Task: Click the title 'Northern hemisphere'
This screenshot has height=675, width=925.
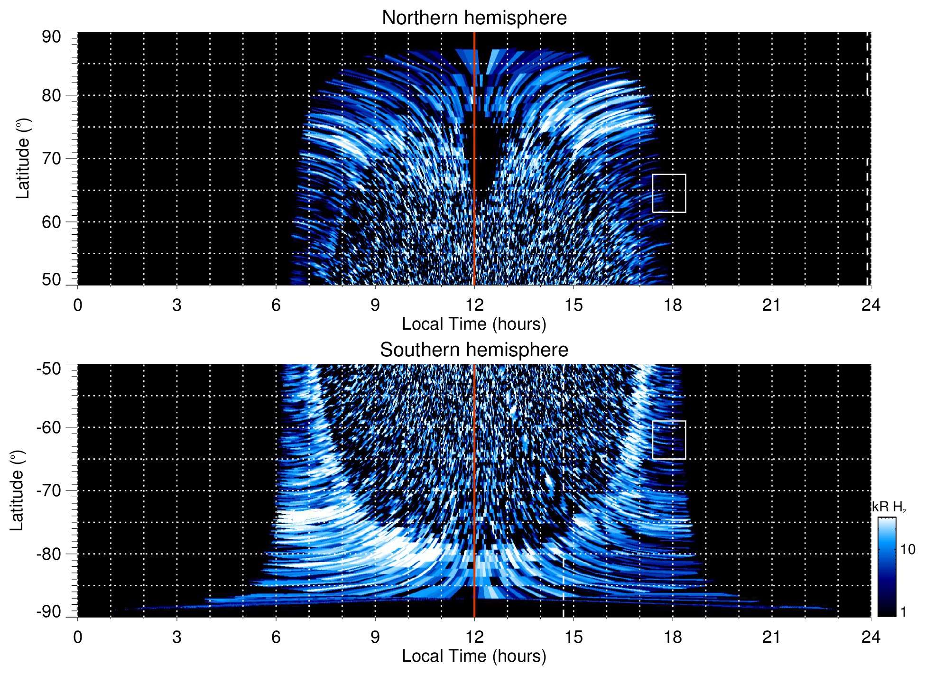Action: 474,18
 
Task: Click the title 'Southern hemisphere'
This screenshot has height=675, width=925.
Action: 474,350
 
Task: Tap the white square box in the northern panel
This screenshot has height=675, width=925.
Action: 669,193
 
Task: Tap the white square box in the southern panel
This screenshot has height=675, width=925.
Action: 669,440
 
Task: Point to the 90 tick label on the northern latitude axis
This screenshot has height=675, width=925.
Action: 51,37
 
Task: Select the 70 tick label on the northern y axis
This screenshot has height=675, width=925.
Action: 51,158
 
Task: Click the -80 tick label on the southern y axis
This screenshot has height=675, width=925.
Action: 49,554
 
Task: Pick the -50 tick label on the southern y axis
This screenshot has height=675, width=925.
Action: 49,369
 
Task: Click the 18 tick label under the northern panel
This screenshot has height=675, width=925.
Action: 673,305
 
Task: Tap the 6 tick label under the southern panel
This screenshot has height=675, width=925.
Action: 276,637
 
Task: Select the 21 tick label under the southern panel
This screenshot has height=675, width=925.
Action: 772,637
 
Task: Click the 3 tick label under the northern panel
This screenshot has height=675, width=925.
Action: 177,305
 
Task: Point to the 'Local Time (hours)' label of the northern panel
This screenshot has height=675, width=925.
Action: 474,324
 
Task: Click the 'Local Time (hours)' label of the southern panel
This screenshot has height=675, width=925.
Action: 474,656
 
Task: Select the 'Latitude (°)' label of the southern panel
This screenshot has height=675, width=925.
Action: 17,490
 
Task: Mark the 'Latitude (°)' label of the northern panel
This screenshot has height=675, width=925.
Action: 23,158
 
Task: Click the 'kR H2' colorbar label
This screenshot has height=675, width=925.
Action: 889,507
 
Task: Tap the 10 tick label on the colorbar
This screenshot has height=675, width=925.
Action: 907,550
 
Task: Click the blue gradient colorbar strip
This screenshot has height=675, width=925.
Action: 886,567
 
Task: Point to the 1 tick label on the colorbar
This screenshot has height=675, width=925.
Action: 903,612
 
